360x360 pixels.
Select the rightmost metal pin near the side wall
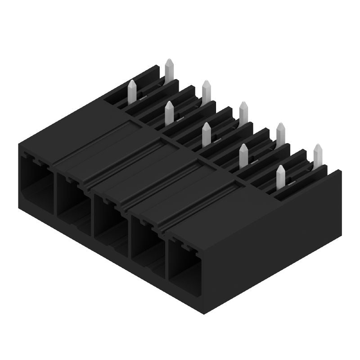[x=318, y=155]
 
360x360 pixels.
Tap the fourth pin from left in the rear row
[x=280, y=133]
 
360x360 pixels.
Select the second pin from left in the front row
[x=170, y=112]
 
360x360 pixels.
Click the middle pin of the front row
[x=207, y=133]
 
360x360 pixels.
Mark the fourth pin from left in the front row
[x=243, y=155]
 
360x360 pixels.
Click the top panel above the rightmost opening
[x=216, y=202]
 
